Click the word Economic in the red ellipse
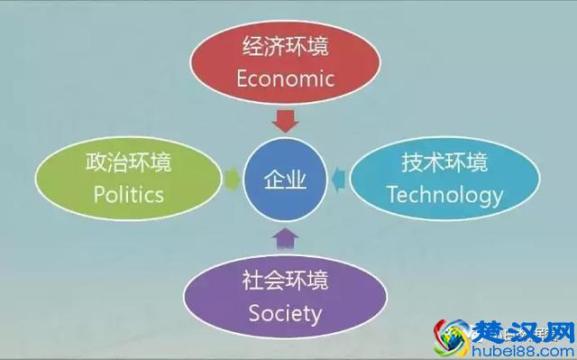tap(285, 78)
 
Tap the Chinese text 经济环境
tap(285, 47)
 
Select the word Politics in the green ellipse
tap(129, 194)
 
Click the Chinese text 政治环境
tap(129, 164)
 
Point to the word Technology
tap(444, 194)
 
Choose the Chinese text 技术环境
tap(444, 163)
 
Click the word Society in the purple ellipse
tap(285, 313)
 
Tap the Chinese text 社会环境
tap(285, 282)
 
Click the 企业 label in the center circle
tap(285, 180)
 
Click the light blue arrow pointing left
tap(338, 180)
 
